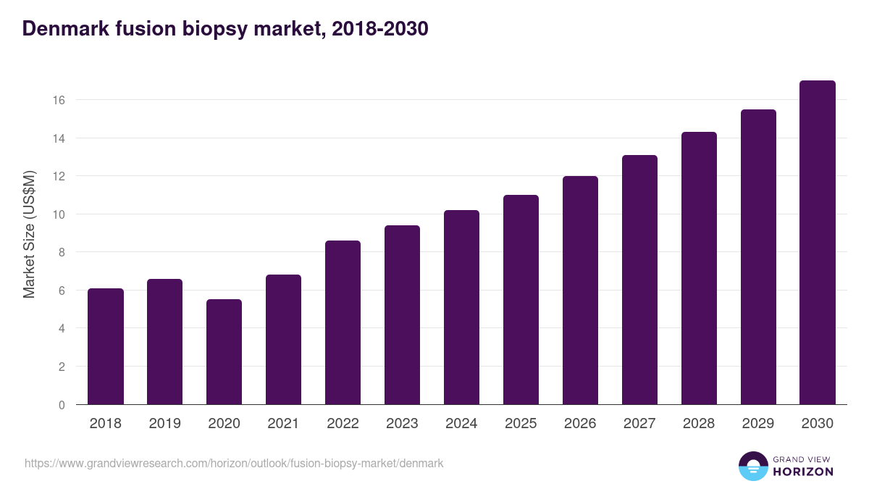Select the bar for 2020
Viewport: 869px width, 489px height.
tap(224, 352)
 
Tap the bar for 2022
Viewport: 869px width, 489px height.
tap(343, 322)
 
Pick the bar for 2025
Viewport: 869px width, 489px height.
tap(521, 300)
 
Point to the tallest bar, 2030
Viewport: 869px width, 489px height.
tap(818, 243)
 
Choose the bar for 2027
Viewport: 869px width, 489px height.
tap(639, 280)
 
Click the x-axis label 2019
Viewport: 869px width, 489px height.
tap(165, 424)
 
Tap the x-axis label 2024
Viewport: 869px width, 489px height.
tap(462, 424)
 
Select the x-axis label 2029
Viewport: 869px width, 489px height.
tap(758, 424)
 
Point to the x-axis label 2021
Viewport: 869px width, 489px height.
tap(284, 424)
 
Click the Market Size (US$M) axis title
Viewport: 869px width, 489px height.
tap(29, 233)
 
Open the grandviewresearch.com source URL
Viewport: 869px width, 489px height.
tap(234, 463)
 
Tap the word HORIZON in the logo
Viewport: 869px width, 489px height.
tap(803, 472)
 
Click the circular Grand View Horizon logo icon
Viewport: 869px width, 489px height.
tap(753, 466)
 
